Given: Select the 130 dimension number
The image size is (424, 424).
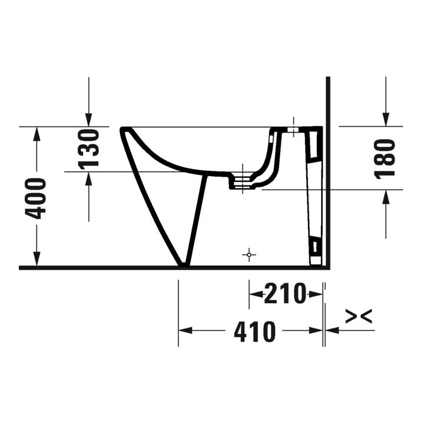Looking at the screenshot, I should [x=89, y=148].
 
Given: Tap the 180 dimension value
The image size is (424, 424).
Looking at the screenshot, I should [x=385, y=158].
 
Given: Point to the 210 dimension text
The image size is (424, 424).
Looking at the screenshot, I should [x=286, y=293].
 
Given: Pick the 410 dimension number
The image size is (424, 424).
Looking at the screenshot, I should [x=254, y=332].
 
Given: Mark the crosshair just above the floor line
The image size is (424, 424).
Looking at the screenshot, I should [x=250, y=255].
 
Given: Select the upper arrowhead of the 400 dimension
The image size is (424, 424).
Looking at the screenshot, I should [x=37, y=134].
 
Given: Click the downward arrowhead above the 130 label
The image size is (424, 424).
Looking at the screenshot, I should [x=89, y=120].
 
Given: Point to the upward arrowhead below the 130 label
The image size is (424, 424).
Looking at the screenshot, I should [x=89, y=178].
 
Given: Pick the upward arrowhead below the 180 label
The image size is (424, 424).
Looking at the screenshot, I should [x=385, y=197].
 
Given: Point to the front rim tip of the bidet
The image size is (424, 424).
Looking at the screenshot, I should [x=124, y=130].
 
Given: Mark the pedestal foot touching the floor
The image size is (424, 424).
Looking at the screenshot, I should [x=184, y=264].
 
